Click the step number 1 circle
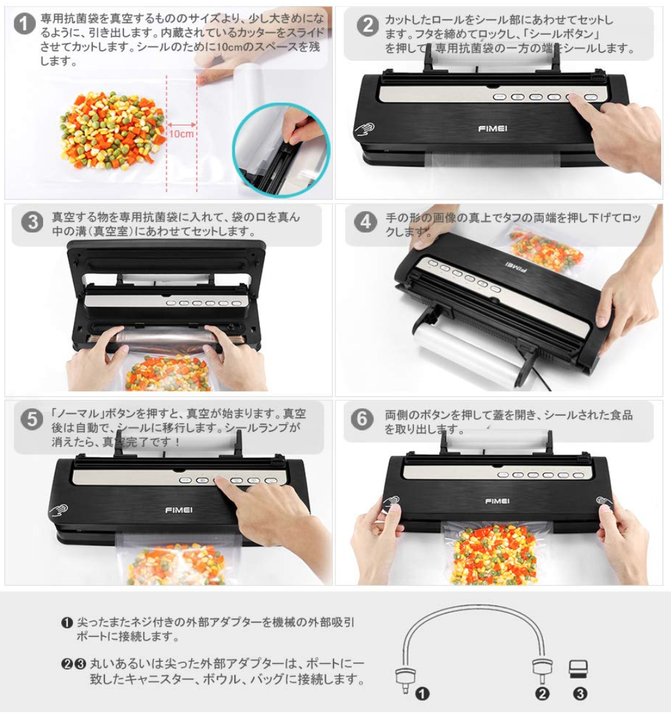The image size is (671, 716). pos(25,24)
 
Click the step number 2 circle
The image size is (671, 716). pos(368,25)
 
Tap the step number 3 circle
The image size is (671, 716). pos(32,222)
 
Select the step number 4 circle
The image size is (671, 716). pos(366,222)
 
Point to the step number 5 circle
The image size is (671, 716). pos(32,419)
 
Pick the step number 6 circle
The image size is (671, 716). pos(362,419)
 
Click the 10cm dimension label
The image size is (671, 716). pos(181,133)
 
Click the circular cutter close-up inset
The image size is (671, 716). pos(280,150)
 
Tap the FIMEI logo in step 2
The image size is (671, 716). pos(493,129)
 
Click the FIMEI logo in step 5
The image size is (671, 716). pos(179,510)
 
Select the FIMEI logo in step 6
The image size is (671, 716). pos(497,501)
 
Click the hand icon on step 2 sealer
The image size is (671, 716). pos(365,129)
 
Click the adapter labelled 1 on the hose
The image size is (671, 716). pos(405,679)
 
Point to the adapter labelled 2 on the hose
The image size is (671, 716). pos(542,670)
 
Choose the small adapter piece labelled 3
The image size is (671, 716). pos(578,669)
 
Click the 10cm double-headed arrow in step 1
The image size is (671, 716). pos(181,124)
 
